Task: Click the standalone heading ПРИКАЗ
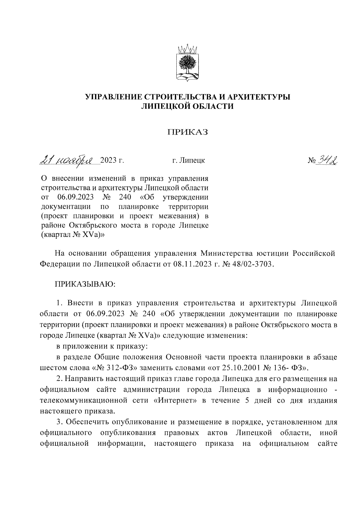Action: pyautogui.click(x=188, y=133)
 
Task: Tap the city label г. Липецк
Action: pyautogui.click(x=188, y=161)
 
